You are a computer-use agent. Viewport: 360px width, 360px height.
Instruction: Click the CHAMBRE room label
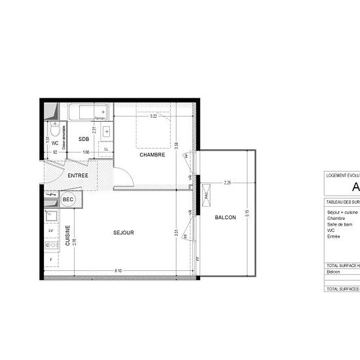[x=152, y=155]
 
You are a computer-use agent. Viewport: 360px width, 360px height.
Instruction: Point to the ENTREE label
[x=78, y=175]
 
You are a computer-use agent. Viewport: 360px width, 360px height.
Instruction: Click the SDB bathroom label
[x=84, y=139]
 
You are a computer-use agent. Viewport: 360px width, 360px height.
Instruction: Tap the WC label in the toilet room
[x=55, y=143]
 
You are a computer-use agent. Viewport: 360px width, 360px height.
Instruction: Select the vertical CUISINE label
[x=67, y=236]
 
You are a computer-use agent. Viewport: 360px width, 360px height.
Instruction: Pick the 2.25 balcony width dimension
[x=227, y=183]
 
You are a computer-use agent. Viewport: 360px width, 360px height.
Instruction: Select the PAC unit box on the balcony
[x=207, y=195]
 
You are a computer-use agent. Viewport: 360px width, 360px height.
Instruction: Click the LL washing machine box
[x=106, y=149]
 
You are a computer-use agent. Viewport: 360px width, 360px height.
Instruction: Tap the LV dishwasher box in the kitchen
[x=51, y=230]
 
